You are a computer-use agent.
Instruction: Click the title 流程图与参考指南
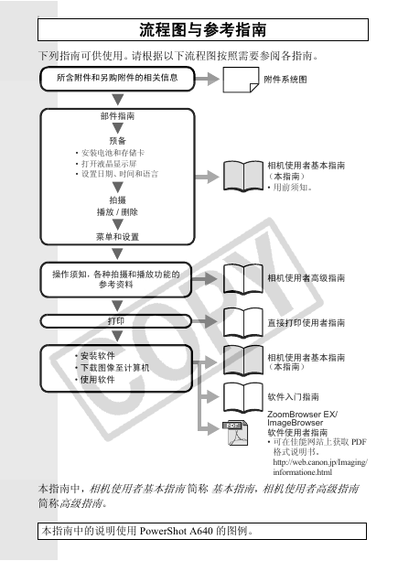pyautogui.click(x=203, y=29)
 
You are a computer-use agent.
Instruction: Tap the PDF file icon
pyautogui.click(x=235, y=433)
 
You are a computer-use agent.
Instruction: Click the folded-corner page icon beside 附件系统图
pyautogui.click(x=241, y=80)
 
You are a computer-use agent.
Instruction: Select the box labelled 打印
pyautogui.click(x=116, y=321)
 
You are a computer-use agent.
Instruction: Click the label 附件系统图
pyautogui.click(x=285, y=80)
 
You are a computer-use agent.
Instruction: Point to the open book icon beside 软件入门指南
pyautogui.click(x=243, y=397)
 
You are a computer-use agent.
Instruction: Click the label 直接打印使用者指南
pyautogui.click(x=307, y=323)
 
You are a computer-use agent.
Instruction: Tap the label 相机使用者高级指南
pyautogui.click(x=307, y=278)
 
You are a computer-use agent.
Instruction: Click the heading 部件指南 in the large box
pyautogui.click(x=117, y=116)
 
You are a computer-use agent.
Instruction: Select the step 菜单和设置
pyautogui.click(x=117, y=236)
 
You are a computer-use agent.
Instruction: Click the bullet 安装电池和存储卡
pyautogui.click(x=110, y=153)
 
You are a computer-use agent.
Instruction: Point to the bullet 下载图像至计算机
pyautogui.click(x=113, y=367)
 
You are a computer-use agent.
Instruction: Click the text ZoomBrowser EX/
pyautogui.click(x=302, y=415)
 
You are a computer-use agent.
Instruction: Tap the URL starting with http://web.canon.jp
pyautogui.click(x=320, y=467)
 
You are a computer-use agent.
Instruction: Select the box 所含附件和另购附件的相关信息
pyautogui.click(x=117, y=79)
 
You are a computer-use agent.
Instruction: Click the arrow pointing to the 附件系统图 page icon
pyautogui.click(x=207, y=79)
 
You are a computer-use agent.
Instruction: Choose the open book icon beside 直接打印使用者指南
pyautogui.click(x=243, y=323)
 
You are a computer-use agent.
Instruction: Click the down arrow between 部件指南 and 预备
pyautogui.click(x=118, y=128)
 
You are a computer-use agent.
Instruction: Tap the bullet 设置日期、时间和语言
pyautogui.click(x=116, y=174)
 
